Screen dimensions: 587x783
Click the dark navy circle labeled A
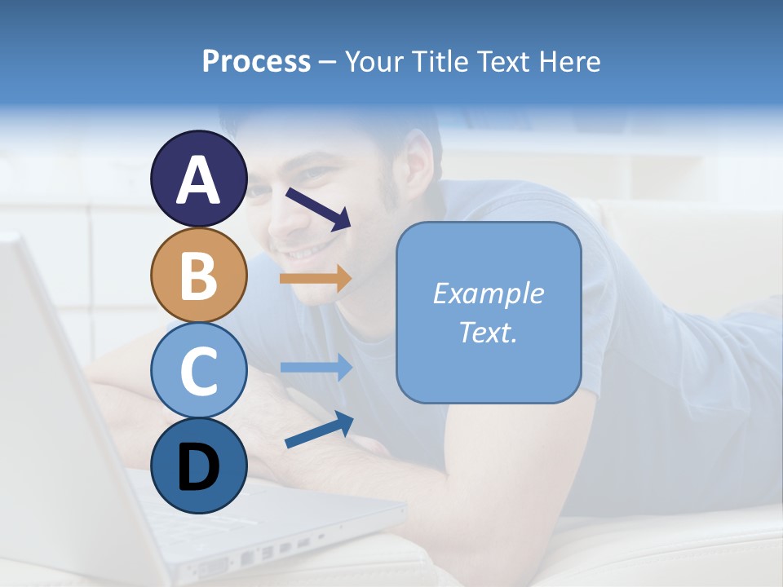[198, 179]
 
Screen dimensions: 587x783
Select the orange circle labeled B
[198, 276]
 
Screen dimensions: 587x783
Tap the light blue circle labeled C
[198, 370]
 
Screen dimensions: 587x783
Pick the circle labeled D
[198, 466]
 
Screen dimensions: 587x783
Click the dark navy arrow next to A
[317, 209]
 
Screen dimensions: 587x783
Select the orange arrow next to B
[315, 279]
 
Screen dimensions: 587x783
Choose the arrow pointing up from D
[319, 430]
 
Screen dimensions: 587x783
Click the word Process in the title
[256, 61]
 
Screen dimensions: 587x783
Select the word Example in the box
[488, 293]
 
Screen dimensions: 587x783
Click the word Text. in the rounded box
[488, 332]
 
